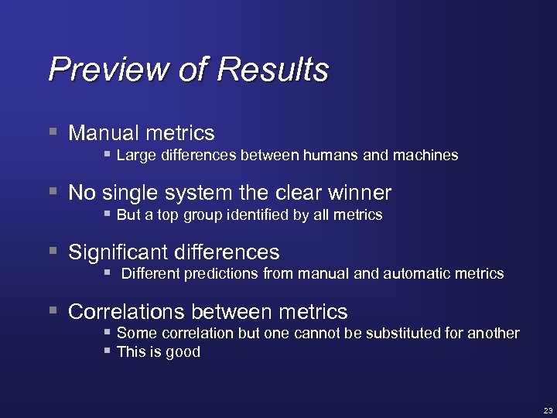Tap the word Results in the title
272,70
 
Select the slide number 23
548,409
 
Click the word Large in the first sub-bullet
136,156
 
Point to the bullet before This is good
108,351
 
